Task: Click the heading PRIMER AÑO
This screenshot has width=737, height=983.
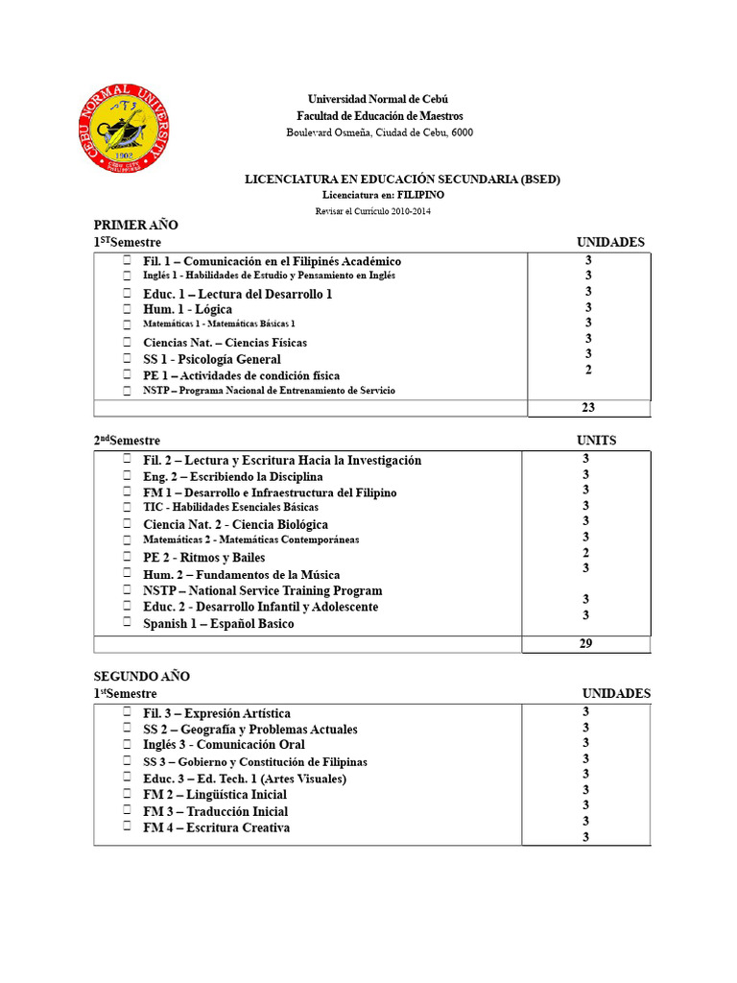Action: pyautogui.click(x=135, y=225)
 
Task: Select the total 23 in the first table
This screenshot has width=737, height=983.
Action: pyautogui.click(x=588, y=407)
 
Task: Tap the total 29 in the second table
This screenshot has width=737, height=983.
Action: pyautogui.click(x=585, y=643)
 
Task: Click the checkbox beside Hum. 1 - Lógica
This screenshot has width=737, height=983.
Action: pyautogui.click(x=127, y=309)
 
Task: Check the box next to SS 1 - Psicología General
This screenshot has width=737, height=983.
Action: pyautogui.click(x=127, y=358)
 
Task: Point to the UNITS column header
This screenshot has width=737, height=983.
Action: pyautogui.click(x=596, y=441)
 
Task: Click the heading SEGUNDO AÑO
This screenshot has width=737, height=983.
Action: pyautogui.click(x=141, y=676)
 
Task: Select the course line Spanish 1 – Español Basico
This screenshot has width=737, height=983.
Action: pyautogui.click(x=219, y=623)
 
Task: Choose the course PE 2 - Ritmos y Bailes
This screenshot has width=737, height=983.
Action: pyautogui.click(x=204, y=557)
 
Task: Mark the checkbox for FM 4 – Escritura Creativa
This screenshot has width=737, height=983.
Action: pyautogui.click(x=127, y=827)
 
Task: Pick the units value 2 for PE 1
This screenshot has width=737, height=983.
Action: pyautogui.click(x=588, y=370)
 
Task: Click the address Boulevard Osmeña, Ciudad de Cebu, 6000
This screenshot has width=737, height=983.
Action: pyautogui.click(x=379, y=132)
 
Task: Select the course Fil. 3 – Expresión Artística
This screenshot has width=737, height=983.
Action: pyautogui.click(x=217, y=713)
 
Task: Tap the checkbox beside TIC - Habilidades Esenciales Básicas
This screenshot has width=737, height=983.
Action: pyautogui.click(x=127, y=506)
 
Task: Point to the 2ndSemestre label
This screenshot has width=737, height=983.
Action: pyautogui.click(x=127, y=441)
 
